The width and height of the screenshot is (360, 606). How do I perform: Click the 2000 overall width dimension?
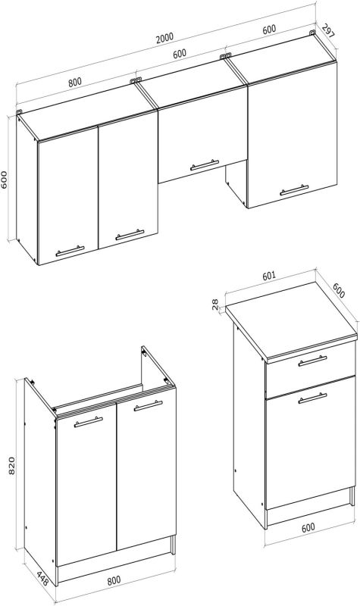point(165,37)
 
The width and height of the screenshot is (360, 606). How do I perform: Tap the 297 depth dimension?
point(328,30)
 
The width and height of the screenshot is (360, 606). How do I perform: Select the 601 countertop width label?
point(269,276)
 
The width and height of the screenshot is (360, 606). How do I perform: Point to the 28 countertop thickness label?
point(215,304)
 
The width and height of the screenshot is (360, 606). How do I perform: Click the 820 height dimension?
point(11,466)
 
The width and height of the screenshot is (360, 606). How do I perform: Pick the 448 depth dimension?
point(42,579)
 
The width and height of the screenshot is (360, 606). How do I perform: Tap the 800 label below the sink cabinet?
point(114,580)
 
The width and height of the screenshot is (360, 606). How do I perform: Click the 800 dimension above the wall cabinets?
point(75,82)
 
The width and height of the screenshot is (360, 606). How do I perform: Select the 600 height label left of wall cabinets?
point(5,180)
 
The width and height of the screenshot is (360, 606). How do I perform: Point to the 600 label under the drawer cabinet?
point(308,527)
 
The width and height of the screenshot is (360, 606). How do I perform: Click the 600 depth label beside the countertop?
point(339,290)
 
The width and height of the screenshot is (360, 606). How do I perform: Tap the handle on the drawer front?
point(312,361)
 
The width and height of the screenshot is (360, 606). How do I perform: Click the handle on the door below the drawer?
point(312,398)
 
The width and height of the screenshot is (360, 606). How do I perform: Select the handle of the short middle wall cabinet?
point(204,165)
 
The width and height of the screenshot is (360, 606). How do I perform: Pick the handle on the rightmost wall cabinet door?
point(294,190)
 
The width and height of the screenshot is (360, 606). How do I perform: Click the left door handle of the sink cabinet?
point(88,422)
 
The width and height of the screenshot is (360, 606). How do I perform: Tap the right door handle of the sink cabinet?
point(148,406)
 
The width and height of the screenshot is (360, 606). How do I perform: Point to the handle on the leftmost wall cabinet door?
point(70,251)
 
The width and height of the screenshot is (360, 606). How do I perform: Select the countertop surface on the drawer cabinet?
point(292,317)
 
